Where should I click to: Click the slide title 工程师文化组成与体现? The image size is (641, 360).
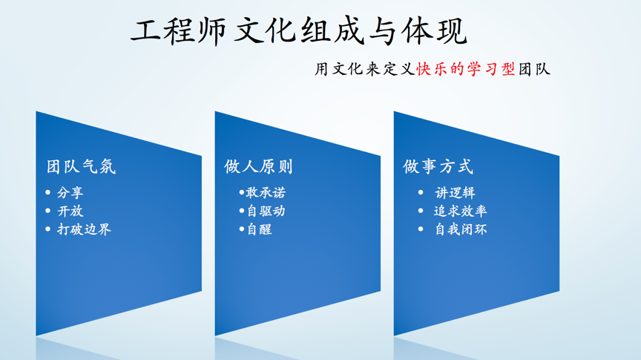pos(299,30)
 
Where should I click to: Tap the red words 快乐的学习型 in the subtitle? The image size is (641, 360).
pos(466,69)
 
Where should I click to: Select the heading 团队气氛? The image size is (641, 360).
pos(81,166)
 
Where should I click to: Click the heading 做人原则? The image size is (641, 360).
pos(258,166)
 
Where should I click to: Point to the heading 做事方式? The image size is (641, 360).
pos(438,166)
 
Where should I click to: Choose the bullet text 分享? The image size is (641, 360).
pos(70,192)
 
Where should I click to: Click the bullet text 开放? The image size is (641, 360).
pos(70,211)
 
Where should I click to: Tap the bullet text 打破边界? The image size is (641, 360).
pos(85,229)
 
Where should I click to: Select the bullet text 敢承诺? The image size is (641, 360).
pos(266,192)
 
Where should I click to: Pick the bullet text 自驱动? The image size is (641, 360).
pos(266,211)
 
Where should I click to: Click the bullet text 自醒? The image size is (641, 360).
pos(260,229)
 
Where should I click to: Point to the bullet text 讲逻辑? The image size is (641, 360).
pos(455,192)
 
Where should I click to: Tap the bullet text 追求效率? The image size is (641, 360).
pos(460,211)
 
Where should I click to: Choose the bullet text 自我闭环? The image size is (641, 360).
pos(461,229)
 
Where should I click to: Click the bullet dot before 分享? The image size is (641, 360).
pos(48,192)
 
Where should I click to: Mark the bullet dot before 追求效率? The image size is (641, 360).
pos(421,211)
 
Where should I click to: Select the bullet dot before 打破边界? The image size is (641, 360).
pos(48,229)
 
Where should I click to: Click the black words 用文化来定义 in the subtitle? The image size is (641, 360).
pos(365,69)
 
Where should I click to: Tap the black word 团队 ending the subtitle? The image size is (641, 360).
pos(534,69)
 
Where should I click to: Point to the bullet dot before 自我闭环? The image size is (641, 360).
pos(421,229)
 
